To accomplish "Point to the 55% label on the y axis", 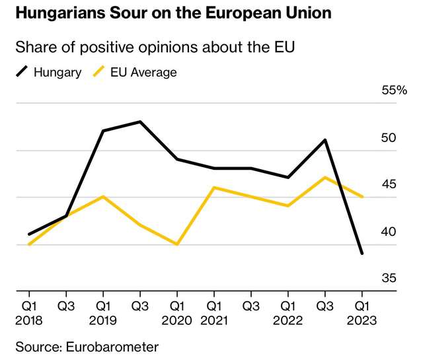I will coord(395,90).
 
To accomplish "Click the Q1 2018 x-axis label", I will coord(28,313).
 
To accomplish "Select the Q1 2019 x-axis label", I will coord(102,313).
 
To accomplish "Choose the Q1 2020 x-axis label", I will coord(176,313).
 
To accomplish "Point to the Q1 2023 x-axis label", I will coord(362,313).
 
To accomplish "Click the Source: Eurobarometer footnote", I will coord(87,346).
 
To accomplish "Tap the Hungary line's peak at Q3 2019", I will coord(139,122).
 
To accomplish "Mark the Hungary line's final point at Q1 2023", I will coord(362,253).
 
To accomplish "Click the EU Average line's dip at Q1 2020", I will coord(176,244).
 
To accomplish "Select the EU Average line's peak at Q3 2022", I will coord(325,178).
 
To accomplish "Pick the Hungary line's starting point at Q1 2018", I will coord(28,234).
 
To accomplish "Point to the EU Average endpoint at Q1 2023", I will coord(362,197).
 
